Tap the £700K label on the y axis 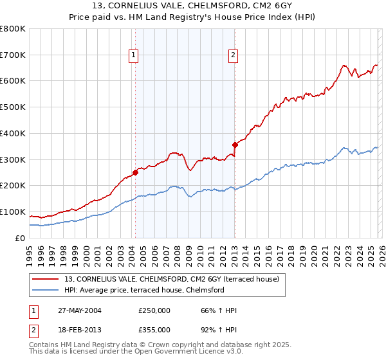tap(13, 55)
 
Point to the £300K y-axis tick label tap(13, 159)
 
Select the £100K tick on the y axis tap(13, 212)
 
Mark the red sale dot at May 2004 tap(136, 172)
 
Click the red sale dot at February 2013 tap(235, 145)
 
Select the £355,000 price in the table tap(154, 329)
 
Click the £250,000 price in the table tap(154, 310)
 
